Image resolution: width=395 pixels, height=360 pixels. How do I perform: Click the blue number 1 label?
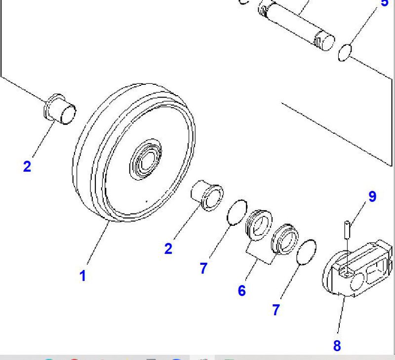(82, 276)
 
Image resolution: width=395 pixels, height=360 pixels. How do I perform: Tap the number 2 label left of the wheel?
(27, 166)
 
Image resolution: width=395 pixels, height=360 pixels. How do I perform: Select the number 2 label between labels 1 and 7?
(168, 249)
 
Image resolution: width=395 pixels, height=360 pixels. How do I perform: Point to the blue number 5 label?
(385, 3)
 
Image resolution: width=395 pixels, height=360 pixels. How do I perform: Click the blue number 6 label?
(241, 290)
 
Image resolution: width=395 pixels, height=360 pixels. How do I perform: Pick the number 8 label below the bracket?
(337, 346)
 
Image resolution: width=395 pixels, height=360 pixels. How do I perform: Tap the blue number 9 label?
(372, 196)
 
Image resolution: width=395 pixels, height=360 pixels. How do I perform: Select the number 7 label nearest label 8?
(276, 310)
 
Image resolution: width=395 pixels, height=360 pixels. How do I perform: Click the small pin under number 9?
(348, 229)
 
